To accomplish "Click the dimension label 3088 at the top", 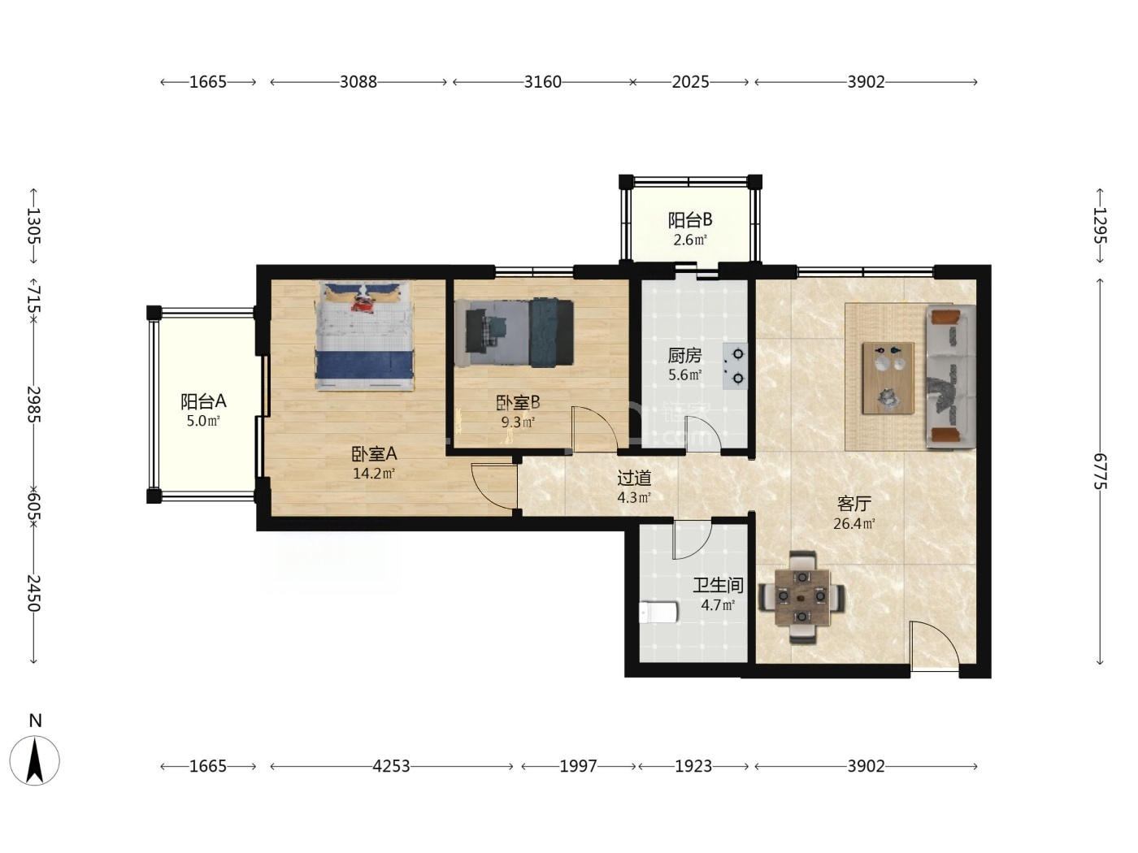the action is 358,82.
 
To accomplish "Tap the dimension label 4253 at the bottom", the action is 391,766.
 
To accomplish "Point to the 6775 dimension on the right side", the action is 1100,471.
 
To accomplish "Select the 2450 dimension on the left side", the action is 33,593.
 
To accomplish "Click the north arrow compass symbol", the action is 35,760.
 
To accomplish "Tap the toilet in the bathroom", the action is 658,613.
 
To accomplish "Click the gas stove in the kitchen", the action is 735,366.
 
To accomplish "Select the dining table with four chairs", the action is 801,597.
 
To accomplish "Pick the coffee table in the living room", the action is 888,378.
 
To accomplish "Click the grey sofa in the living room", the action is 951,376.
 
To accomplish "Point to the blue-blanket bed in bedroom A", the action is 365,336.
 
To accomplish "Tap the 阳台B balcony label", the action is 689,220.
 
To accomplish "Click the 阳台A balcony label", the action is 203,401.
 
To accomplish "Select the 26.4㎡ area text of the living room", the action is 853,524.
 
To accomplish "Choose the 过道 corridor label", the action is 634,478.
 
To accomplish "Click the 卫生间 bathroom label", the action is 719,585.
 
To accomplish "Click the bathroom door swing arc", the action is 692,539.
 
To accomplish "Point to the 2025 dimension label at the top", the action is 690,82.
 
